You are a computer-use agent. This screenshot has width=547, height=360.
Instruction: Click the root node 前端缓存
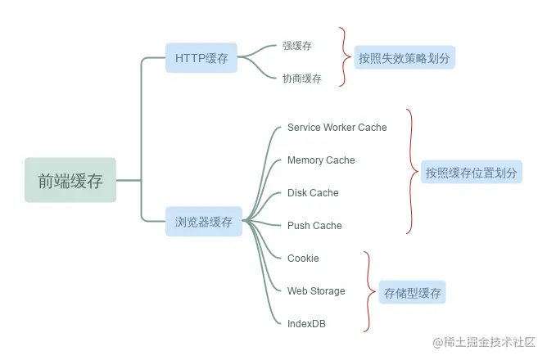[70, 181]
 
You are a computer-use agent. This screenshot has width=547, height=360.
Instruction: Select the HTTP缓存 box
[201, 58]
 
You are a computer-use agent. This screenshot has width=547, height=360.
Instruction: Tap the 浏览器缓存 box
[203, 222]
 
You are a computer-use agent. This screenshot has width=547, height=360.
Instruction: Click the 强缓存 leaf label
[297, 46]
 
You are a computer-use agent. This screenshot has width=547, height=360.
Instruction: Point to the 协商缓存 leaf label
[302, 79]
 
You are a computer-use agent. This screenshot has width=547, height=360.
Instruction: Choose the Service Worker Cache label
[337, 128]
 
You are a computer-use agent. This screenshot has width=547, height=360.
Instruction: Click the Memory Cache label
[321, 160]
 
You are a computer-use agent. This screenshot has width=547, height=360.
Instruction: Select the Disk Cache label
[313, 193]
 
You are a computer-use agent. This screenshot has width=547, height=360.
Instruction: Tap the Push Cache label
[314, 226]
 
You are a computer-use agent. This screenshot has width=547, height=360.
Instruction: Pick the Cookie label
[303, 259]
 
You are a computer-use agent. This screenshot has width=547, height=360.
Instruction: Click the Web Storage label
[316, 291]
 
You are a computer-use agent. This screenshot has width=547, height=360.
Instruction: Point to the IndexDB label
[306, 324]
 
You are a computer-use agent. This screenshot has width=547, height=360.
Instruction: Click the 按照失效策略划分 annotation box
[405, 58]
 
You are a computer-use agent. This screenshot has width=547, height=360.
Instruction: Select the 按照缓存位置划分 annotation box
[472, 173]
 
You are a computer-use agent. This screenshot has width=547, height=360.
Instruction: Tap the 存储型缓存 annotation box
[412, 292]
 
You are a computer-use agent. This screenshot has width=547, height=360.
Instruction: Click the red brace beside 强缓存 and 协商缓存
[345, 57]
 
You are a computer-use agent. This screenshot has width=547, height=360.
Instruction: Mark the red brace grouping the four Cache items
[411, 172]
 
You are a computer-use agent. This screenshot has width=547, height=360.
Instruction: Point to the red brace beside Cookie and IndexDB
[368, 291]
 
